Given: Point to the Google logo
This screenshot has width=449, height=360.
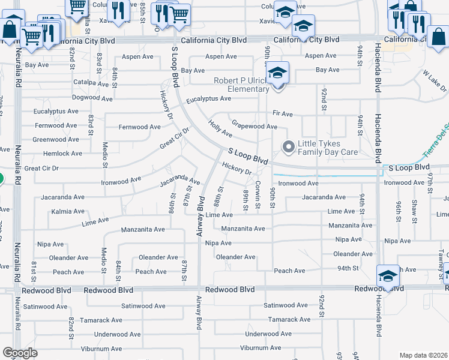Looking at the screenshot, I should (x=20, y=353).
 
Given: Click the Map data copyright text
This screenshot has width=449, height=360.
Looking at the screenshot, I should (x=424, y=355).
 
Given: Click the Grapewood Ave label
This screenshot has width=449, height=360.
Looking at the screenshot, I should (x=255, y=127).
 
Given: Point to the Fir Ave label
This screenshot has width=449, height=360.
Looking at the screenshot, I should (x=282, y=113).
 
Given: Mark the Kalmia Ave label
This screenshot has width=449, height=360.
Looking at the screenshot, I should (x=68, y=211).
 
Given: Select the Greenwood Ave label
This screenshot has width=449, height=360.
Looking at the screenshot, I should (x=56, y=139).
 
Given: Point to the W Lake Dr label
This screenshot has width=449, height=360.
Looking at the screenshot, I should (x=435, y=80).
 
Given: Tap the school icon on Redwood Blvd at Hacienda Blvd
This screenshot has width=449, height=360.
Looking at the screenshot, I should (x=388, y=277).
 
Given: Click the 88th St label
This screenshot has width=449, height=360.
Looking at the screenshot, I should (x=220, y=197).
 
